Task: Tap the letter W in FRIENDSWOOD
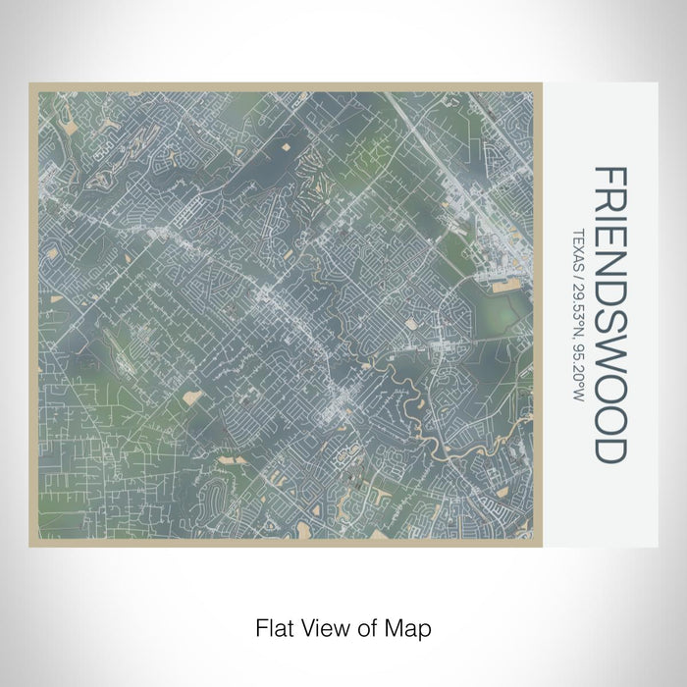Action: (609, 357)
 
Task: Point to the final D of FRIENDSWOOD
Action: (609, 449)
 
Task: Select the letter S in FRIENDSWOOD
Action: (609, 326)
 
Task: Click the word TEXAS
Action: (577, 244)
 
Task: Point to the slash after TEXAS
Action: (577, 269)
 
